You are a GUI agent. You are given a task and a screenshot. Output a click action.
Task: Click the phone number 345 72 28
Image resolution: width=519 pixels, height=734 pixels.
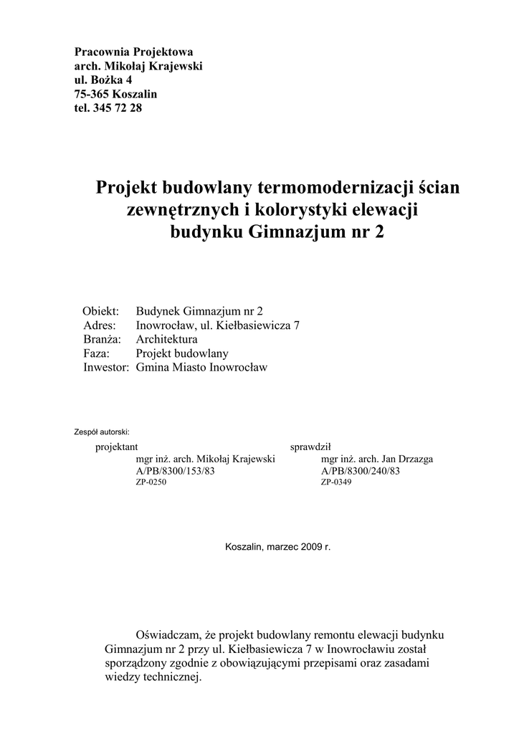pos(118,108)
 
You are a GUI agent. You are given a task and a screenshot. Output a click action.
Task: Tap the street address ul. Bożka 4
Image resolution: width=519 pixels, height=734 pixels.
pos(103,80)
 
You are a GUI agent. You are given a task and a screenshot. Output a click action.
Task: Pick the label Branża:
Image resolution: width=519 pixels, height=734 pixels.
pos(101,339)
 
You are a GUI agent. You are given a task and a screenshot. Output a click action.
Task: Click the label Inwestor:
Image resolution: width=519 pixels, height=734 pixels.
pos(106,368)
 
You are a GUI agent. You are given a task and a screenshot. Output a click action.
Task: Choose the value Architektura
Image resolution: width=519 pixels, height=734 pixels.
pos(166,339)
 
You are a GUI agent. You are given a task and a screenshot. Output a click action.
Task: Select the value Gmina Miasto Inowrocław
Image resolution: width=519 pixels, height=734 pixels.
pos(201,368)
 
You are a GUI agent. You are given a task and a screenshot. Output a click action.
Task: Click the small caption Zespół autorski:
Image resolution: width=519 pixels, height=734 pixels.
pos(102,432)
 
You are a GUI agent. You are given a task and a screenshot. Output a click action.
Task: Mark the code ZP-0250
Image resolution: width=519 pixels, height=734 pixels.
pos(151,482)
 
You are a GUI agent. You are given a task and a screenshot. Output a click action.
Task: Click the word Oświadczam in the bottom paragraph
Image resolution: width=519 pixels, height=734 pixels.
pos(168,635)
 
